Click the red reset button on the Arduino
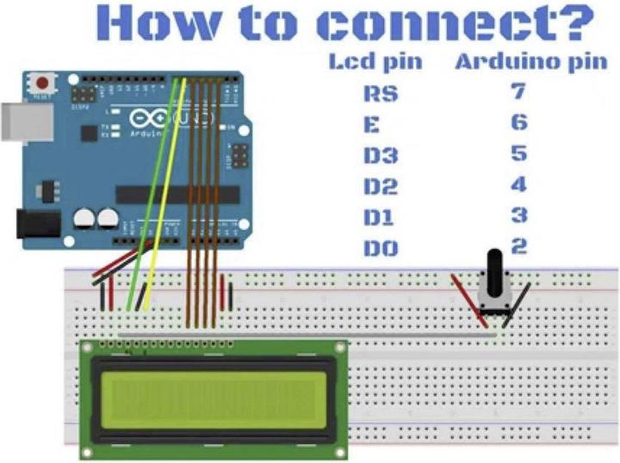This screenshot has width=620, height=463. (40, 84)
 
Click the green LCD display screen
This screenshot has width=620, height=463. (210, 397)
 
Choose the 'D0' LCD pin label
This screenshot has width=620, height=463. (380, 250)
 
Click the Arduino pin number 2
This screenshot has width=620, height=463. (518, 246)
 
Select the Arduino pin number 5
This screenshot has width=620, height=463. (518, 153)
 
